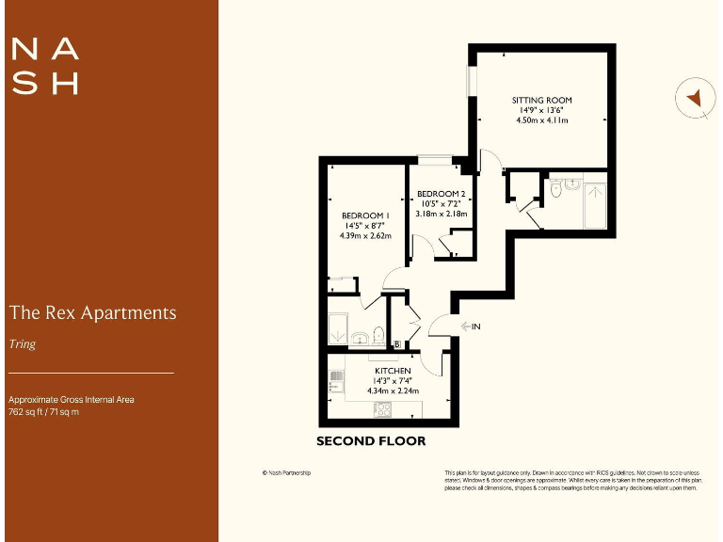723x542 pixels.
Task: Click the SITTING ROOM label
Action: (x=541, y=100)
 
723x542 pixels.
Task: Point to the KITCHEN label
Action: (x=392, y=371)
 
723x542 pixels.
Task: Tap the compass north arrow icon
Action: (x=695, y=97)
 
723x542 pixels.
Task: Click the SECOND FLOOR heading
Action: (x=371, y=441)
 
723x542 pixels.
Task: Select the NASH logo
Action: (x=43, y=66)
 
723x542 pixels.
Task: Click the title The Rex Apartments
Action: (x=92, y=312)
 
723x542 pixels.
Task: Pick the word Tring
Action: (x=22, y=344)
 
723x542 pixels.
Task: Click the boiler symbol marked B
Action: (x=397, y=344)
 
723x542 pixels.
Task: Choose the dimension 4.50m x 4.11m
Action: (x=541, y=120)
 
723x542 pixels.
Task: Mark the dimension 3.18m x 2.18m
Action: (x=442, y=215)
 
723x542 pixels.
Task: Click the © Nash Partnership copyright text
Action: (x=286, y=472)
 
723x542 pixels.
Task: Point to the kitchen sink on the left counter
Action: (x=335, y=382)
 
